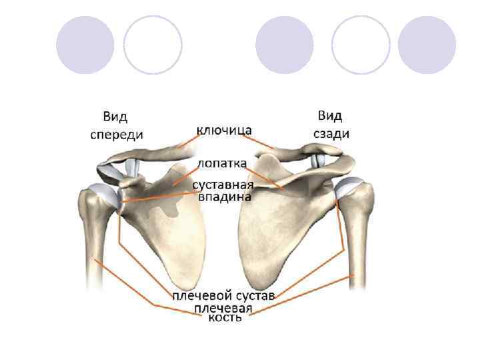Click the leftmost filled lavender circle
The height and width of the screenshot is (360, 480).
click(x=84, y=45)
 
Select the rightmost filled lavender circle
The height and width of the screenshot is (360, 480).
click(x=427, y=45)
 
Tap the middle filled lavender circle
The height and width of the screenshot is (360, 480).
click(x=284, y=45)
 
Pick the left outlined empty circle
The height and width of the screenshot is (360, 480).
click(x=153, y=45)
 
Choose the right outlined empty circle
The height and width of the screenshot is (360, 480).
click(x=361, y=45)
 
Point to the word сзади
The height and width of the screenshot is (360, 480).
click(x=331, y=133)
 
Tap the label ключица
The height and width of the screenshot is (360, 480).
click(x=224, y=129)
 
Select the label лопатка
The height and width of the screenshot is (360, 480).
click(x=221, y=163)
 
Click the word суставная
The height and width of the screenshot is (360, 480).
click(x=223, y=185)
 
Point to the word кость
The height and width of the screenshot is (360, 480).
click(x=224, y=318)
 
